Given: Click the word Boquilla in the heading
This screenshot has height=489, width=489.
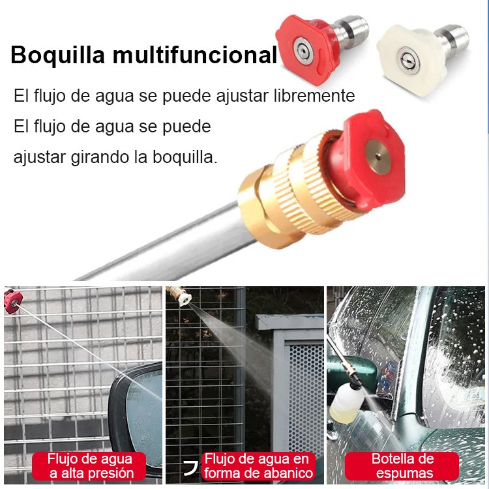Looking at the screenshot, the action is (x=57, y=55).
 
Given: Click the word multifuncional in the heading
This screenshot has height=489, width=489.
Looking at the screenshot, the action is (x=195, y=55).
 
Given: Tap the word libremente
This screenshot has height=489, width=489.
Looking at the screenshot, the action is (x=314, y=95).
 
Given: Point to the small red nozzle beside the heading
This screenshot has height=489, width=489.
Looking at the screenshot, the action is (x=308, y=50).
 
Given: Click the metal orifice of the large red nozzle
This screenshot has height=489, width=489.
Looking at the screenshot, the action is (x=378, y=156).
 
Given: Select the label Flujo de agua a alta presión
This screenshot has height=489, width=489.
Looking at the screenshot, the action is (x=91, y=466).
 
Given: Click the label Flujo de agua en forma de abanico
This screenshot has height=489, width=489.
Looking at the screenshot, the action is (x=258, y=466).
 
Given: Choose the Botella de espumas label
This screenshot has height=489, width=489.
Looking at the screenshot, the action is (x=403, y=466).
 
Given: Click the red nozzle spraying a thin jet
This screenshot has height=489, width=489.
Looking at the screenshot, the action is (x=13, y=302).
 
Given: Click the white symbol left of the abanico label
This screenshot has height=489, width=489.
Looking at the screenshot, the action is (x=191, y=467).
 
